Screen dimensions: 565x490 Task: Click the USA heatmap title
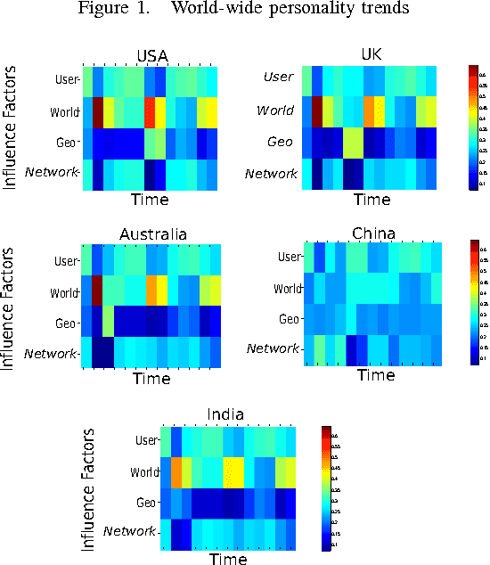pyautogui.click(x=151, y=56)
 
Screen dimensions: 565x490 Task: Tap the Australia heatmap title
pyautogui.click(x=153, y=234)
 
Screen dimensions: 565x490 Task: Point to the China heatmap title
pyautogui.click(x=374, y=234)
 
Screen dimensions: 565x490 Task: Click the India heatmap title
pyautogui.click(x=226, y=414)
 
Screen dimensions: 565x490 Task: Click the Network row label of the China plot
pyautogui.click(x=274, y=348)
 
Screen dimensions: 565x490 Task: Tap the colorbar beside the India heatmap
pyautogui.click(x=327, y=486)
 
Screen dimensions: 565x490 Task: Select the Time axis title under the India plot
pyautogui.click(x=228, y=558)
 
